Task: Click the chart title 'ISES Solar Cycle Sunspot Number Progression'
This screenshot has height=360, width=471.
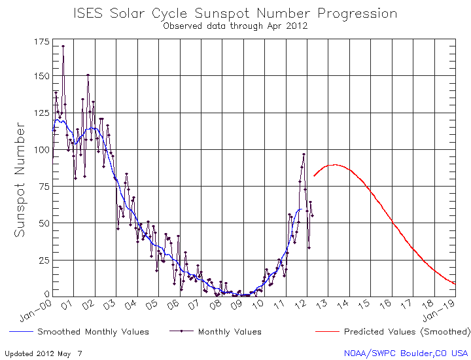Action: point(235,13)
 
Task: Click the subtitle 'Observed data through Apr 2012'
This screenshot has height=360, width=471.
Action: point(235,26)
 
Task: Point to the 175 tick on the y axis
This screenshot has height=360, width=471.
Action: point(41,41)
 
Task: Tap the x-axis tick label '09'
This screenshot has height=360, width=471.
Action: point(238,304)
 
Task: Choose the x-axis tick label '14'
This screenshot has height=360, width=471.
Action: point(344,304)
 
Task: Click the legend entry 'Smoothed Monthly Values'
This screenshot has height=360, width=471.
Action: point(94,332)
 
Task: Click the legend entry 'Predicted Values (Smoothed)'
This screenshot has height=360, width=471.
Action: point(406,332)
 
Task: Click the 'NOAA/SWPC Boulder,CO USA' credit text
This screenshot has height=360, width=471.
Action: point(406,353)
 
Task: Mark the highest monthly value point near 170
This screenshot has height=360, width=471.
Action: point(63,46)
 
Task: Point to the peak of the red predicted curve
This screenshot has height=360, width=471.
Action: point(335,165)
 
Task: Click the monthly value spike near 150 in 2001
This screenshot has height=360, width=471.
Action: point(88,75)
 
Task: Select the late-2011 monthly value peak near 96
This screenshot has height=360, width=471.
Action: point(304,154)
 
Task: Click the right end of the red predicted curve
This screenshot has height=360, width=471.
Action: point(455,283)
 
